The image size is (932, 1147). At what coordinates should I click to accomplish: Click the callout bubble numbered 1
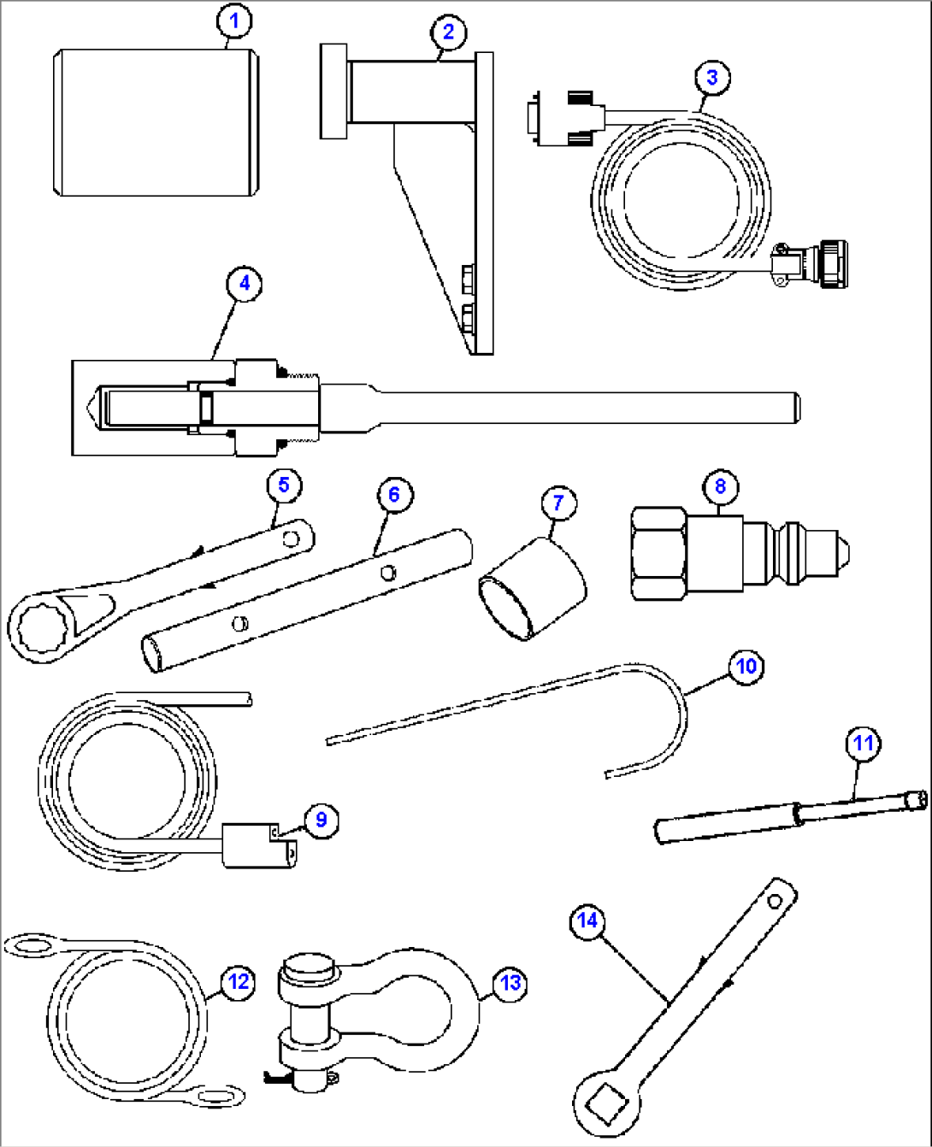tap(234, 21)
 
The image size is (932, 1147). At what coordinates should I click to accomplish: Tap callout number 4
tap(245, 283)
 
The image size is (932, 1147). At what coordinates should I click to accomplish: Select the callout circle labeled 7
tap(557, 502)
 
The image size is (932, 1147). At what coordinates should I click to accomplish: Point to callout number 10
tap(746, 666)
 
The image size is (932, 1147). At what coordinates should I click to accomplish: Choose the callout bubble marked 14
tap(587, 921)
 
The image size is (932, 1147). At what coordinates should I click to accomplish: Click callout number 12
tap(239, 982)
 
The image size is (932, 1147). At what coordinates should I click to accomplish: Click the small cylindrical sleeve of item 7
tap(533, 589)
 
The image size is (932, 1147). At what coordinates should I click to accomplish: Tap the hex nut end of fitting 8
tap(658, 553)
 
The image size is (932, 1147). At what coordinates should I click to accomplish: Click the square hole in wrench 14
tap(605, 1102)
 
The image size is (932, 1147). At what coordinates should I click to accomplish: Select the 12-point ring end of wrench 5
tap(38, 630)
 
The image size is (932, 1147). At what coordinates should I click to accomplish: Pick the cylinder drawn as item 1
tap(156, 122)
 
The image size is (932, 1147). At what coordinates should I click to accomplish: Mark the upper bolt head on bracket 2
tap(467, 277)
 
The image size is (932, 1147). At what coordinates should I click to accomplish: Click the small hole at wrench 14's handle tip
tap(775, 901)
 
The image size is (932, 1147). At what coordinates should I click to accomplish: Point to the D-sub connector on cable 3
tap(534, 118)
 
